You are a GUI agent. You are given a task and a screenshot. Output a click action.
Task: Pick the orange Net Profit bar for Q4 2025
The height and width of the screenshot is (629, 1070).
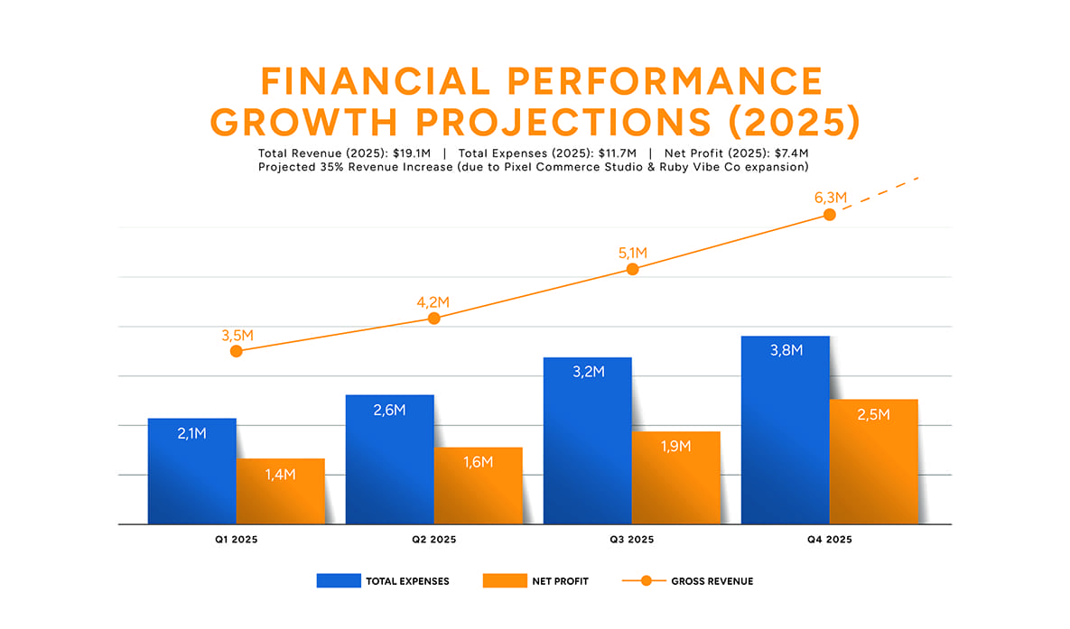coord(874,461)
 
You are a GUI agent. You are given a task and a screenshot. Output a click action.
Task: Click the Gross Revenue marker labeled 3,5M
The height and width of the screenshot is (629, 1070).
coord(237,351)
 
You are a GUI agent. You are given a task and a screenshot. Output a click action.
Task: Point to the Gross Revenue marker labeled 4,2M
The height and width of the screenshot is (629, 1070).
coord(434,318)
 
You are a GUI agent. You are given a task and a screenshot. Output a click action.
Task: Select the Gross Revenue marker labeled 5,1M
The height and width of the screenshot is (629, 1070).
coord(632,269)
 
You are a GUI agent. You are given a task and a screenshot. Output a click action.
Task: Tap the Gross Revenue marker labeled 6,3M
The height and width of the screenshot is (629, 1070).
coord(830,215)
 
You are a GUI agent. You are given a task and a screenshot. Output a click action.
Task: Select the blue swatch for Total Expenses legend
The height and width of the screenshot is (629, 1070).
coord(338,580)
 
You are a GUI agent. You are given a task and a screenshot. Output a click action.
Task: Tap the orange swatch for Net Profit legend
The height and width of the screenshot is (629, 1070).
coord(505,580)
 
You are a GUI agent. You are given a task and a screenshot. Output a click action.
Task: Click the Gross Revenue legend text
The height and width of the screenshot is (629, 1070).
coord(712,581)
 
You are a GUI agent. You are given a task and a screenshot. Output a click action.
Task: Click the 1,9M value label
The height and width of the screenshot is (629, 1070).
coord(675,446)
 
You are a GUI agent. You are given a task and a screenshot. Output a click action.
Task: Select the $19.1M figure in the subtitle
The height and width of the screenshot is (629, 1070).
coord(412,153)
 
